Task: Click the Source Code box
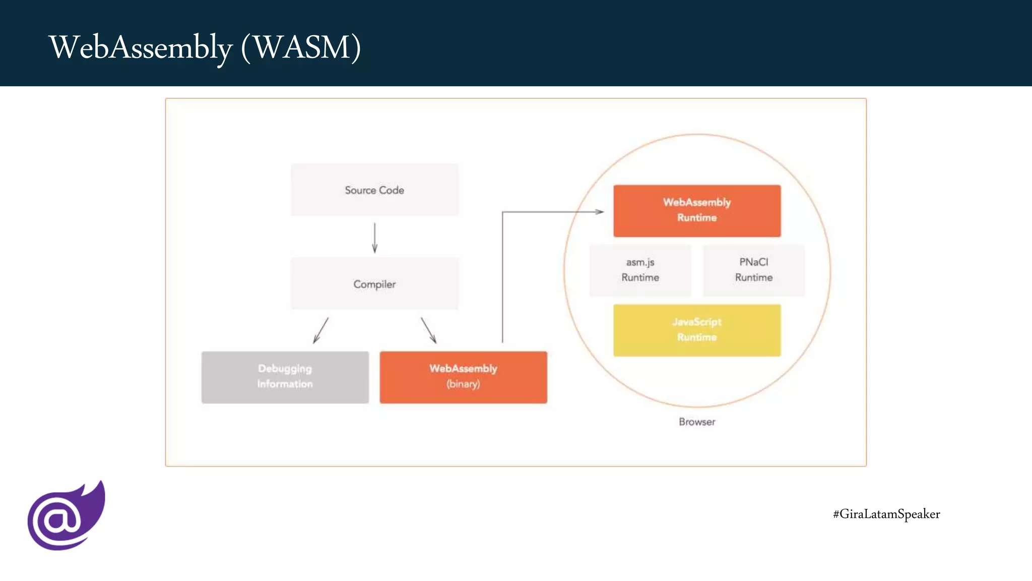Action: click(x=374, y=190)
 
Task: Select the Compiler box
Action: click(x=374, y=284)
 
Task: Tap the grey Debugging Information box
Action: click(x=285, y=377)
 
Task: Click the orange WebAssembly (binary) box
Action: click(x=463, y=377)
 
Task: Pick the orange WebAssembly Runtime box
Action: click(x=697, y=210)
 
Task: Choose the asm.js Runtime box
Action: click(x=640, y=270)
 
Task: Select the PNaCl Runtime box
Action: click(x=754, y=270)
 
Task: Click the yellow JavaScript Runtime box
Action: click(x=697, y=330)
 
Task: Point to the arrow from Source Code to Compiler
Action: click(x=374, y=238)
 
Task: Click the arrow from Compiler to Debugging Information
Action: click(x=321, y=330)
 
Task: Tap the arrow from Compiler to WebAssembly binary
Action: click(x=428, y=330)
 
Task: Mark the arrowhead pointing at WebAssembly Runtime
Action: click(x=599, y=212)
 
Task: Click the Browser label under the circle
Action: click(x=697, y=422)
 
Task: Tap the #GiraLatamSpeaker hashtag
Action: click(x=886, y=514)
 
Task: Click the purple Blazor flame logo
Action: click(x=66, y=516)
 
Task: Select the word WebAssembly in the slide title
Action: click(x=141, y=47)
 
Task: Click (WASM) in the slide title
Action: click(x=301, y=47)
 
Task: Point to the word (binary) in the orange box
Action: click(x=463, y=384)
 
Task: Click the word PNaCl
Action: click(x=754, y=262)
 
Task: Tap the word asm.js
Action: click(x=640, y=262)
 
